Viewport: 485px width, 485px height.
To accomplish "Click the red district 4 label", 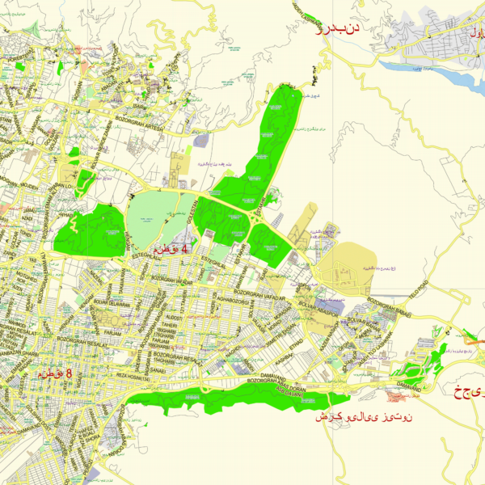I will click(x=171, y=249).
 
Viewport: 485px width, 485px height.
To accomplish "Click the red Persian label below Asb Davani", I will click(x=364, y=418).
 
